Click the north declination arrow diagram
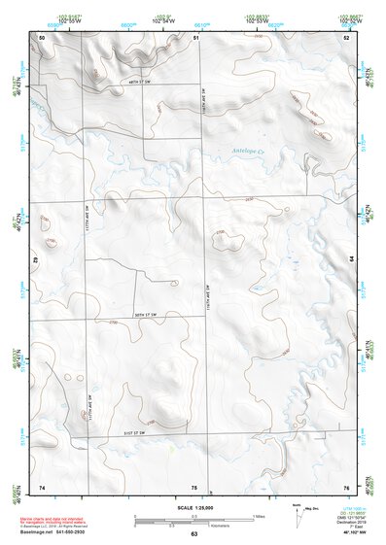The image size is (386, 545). click(x=298, y=518)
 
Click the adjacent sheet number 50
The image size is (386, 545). click(x=42, y=37)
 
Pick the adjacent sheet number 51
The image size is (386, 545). click(x=195, y=37)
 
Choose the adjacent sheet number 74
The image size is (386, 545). click(x=42, y=486)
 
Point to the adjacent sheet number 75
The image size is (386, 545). click(x=193, y=486)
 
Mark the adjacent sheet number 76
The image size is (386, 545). click(x=345, y=486)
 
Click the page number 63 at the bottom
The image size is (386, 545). click(x=193, y=535)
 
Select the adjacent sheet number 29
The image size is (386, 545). click(x=36, y=260)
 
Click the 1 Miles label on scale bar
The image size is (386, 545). click(x=258, y=516)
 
